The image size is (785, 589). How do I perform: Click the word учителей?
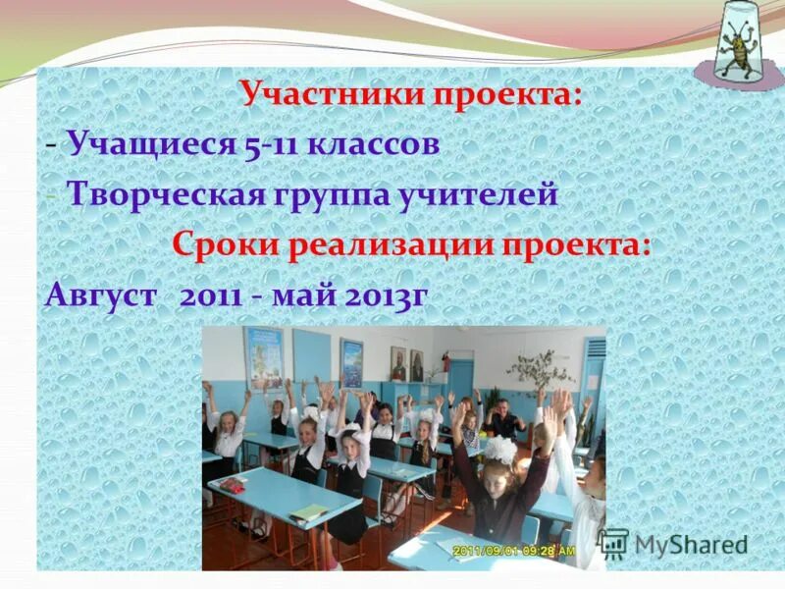coord(478,194)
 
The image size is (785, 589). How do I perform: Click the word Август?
coord(99,294)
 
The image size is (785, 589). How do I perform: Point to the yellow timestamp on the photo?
coord(510,552)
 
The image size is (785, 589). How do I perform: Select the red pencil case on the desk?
coord(233,484)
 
